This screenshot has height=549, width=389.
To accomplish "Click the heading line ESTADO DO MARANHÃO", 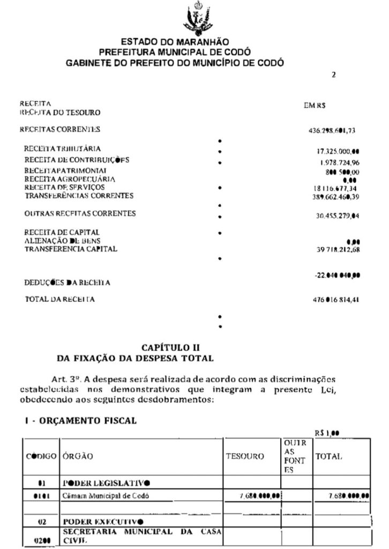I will (x=175, y=42).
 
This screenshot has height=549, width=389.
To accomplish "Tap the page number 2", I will (x=333, y=75).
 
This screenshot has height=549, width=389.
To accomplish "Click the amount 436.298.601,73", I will (x=334, y=130).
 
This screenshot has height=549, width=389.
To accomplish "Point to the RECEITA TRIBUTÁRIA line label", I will (x=63, y=149).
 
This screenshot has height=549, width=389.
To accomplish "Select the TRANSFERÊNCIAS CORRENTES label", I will (x=79, y=196).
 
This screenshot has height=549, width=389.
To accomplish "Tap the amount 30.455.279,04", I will (x=337, y=216).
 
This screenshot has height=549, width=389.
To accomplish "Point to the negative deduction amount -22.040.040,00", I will (x=336, y=275).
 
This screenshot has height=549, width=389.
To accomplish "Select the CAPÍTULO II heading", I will (x=170, y=348).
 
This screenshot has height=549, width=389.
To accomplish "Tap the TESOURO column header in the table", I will (x=246, y=456).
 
